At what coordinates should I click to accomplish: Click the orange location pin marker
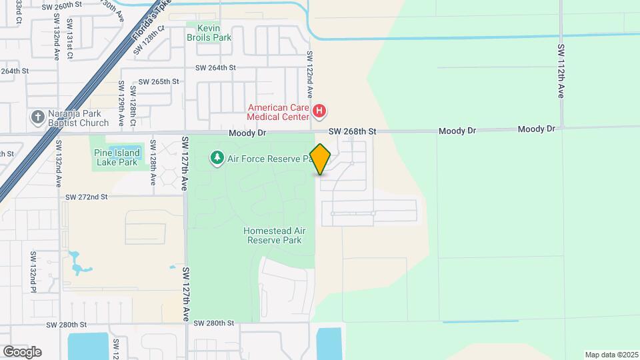click(x=320, y=159)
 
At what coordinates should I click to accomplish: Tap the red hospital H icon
click(x=320, y=111)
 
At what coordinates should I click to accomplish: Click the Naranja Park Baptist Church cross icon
click(x=37, y=117)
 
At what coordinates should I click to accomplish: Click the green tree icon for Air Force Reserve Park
click(x=217, y=158)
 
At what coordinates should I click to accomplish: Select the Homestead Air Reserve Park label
click(x=274, y=235)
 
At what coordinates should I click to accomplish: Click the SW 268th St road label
click(x=353, y=132)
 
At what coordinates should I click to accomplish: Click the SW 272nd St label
click(x=86, y=197)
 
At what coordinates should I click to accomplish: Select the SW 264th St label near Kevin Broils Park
click(x=216, y=67)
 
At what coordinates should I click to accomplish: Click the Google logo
click(x=22, y=352)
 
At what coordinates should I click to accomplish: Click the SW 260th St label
click(x=62, y=7)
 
